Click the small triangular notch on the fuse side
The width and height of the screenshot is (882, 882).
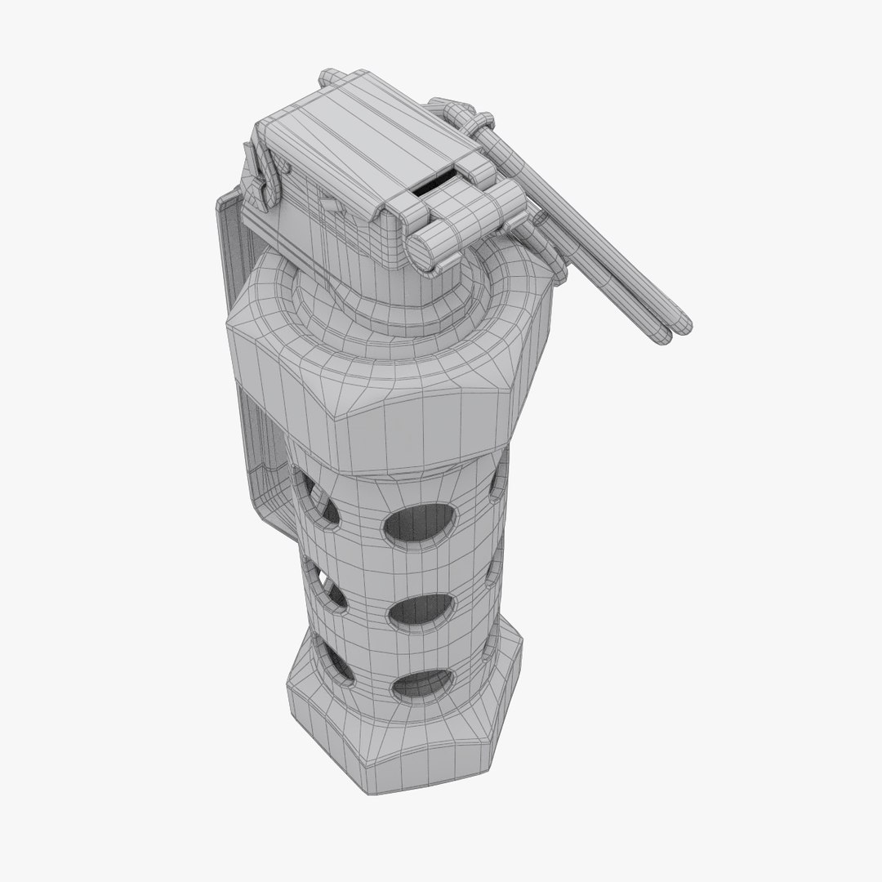pyautogui.click(x=329, y=204)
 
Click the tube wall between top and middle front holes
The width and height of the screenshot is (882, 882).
pyautogui.click(x=421, y=568)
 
